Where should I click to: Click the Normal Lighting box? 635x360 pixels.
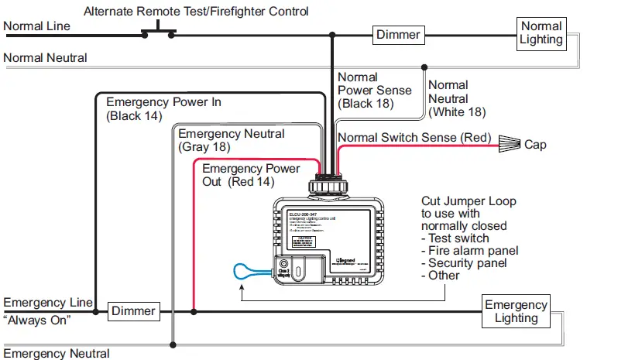point(541,33)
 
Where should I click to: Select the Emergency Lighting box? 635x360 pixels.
point(516,311)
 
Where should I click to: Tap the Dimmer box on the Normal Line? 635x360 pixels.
point(398,34)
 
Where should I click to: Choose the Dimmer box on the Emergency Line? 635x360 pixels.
point(133,311)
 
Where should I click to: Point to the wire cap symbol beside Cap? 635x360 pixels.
point(507,143)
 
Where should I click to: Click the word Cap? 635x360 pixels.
point(535,144)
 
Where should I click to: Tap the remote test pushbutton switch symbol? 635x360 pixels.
point(158,31)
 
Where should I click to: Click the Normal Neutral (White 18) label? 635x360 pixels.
point(457,98)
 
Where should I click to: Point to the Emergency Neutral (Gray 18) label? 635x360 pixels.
point(231,140)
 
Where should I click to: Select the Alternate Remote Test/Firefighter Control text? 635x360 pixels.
point(196,11)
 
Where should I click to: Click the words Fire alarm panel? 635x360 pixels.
point(473,251)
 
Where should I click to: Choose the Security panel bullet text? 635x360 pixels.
point(469,263)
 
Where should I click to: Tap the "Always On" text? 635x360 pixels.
point(37,320)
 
